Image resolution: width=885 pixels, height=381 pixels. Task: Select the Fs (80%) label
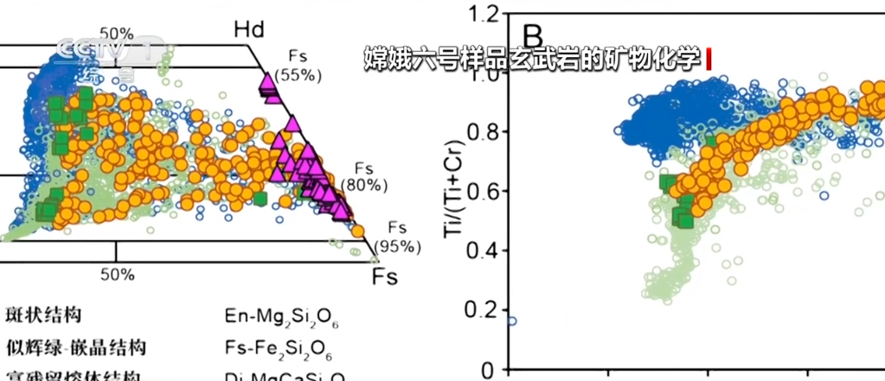coord(363,177)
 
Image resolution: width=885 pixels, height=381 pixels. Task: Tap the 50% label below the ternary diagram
coord(117,275)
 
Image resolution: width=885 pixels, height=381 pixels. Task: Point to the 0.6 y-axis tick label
coord(484,191)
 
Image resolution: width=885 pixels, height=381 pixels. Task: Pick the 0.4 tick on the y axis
coord(484,251)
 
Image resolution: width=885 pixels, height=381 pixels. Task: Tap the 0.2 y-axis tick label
coord(484,310)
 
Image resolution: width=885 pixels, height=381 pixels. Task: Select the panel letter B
coord(533,36)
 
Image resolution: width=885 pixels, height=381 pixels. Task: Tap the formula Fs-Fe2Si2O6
coord(280,349)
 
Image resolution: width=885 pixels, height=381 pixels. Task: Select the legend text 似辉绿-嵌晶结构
coord(75,347)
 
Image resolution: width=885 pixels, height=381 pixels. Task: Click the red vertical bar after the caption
coord(708,60)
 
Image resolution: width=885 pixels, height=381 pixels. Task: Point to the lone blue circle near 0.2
coord(512,321)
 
